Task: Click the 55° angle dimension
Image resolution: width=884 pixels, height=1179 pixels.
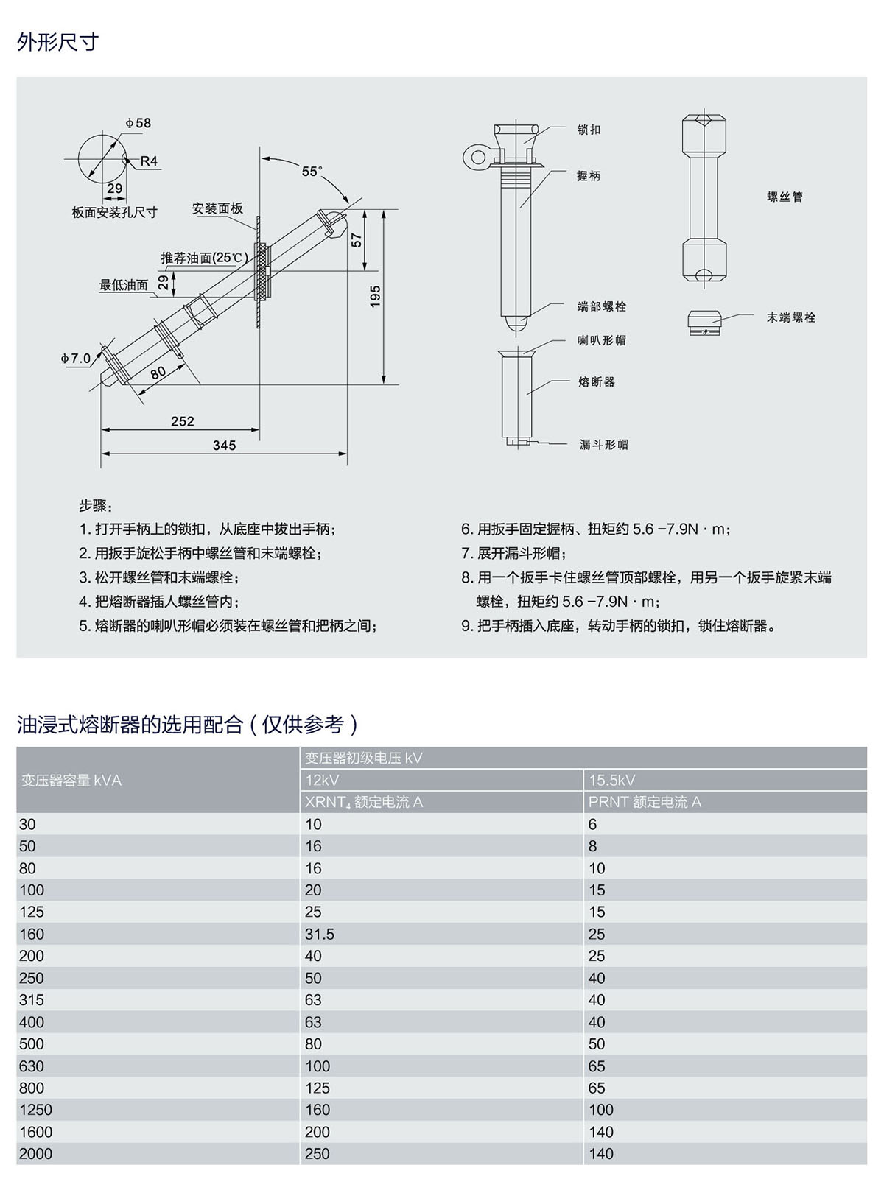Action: pyautogui.click(x=312, y=172)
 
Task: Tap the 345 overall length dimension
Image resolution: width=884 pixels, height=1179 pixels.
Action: pyautogui.click(x=224, y=446)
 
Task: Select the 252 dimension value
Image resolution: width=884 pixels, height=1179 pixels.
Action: pyautogui.click(x=182, y=421)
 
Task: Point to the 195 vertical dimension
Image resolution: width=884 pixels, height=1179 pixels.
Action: pyautogui.click(x=375, y=296)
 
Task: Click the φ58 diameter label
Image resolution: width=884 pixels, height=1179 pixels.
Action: pyautogui.click(x=138, y=123)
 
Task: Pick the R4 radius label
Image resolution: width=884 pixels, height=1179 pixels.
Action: pyautogui.click(x=149, y=161)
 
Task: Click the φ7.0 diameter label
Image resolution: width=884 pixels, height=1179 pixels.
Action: pyautogui.click(x=76, y=359)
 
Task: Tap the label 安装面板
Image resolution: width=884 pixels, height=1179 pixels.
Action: pyautogui.click(x=217, y=208)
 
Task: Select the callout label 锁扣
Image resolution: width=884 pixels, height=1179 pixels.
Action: pyautogui.click(x=589, y=130)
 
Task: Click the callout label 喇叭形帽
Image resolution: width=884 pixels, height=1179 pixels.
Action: pyautogui.click(x=602, y=340)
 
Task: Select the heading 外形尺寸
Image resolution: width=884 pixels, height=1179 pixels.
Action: pyautogui.click(x=57, y=42)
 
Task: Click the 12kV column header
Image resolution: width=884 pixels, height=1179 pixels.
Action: pyautogui.click(x=322, y=780)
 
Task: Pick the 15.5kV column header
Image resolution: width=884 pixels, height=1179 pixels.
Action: pyautogui.click(x=611, y=780)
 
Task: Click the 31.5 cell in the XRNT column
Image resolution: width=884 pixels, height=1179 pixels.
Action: pyautogui.click(x=320, y=934)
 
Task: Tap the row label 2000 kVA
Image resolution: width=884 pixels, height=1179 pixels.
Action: pyautogui.click(x=35, y=1154)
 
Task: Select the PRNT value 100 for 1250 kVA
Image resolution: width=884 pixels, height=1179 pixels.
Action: pyautogui.click(x=601, y=1110)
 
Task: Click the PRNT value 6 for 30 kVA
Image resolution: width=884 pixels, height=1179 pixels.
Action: pyautogui.click(x=593, y=824)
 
